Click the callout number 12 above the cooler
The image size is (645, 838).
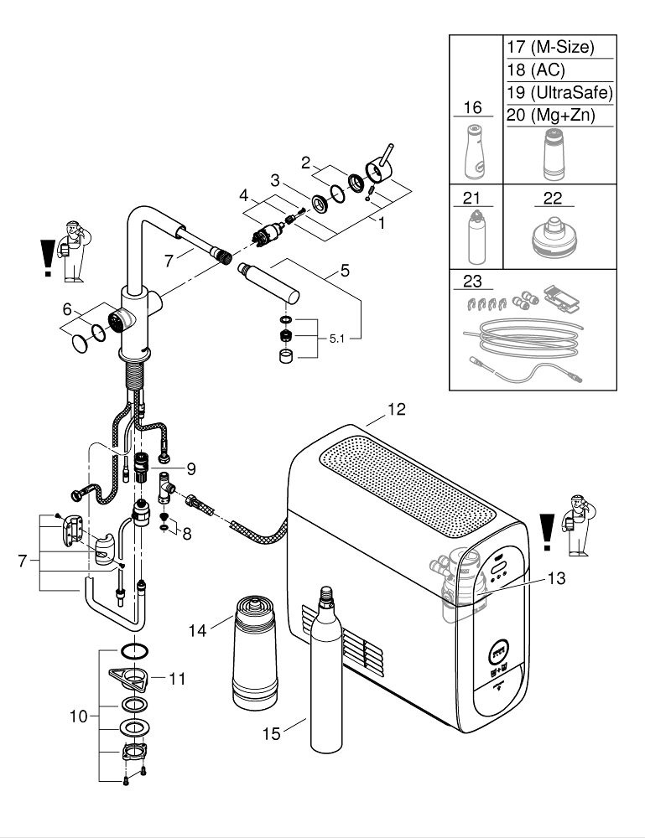point(396,410)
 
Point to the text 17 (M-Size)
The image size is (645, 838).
point(549,48)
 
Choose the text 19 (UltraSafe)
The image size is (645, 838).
point(559,92)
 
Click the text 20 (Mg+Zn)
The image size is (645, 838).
point(550,115)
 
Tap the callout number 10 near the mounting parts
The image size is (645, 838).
point(79,716)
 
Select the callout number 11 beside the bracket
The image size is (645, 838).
point(177,677)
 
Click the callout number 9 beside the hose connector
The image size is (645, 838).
point(190,467)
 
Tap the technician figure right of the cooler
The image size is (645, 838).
point(578,525)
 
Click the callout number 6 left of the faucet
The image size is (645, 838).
point(67,308)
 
